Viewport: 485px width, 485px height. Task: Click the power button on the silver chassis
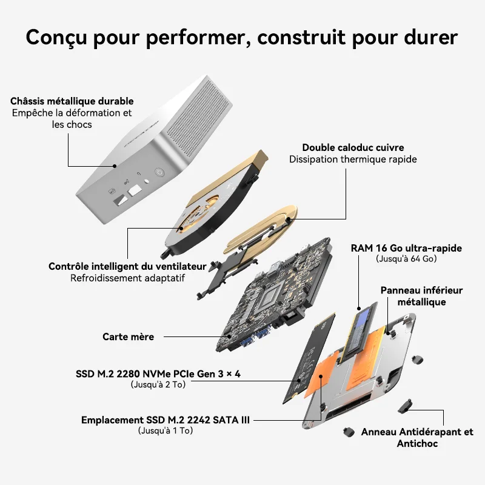[x=159, y=172]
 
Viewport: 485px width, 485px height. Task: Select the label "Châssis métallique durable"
[x=72, y=101]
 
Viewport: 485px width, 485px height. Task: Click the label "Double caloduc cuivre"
[x=353, y=147]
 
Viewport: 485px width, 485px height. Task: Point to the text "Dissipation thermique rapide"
[x=353, y=159]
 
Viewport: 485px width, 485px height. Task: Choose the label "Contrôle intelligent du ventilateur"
[x=127, y=266]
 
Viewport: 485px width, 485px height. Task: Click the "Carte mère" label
[x=128, y=336]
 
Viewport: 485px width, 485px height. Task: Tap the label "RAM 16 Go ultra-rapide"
[x=406, y=248]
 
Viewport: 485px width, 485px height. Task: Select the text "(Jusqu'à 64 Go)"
[x=406, y=259]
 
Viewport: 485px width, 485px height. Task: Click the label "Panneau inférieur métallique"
[x=421, y=296]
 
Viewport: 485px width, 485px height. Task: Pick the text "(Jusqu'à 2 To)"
[x=158, y=384]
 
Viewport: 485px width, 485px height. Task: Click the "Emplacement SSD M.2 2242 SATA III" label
[x=165, y=420]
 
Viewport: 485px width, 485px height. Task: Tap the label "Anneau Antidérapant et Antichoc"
[x=417, y=437]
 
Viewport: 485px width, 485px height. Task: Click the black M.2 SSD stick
[x=309, y=358]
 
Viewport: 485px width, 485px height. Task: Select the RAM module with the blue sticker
[x=360, y=332]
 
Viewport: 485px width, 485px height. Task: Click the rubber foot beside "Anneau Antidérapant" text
[x=349, y=432]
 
